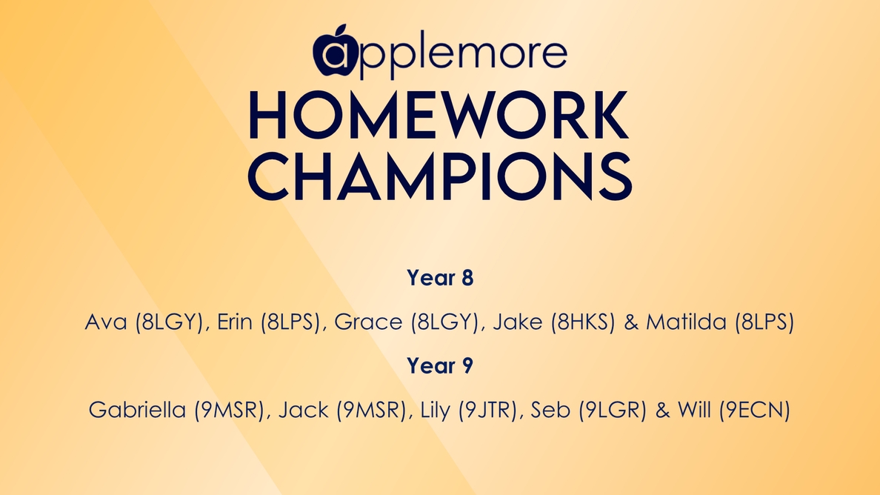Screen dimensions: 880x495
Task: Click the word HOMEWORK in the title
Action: pos(439,116)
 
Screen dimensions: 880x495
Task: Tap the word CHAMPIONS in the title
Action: pos(440,176)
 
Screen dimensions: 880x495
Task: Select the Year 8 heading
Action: pos(440,278)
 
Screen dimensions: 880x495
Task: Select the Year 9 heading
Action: pos(440,366)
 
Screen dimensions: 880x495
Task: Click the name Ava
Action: pos(106,322)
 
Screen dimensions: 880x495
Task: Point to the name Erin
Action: pos(235,322)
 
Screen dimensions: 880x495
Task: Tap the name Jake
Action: pos(518,322)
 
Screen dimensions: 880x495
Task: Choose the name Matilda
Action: pos(687,322)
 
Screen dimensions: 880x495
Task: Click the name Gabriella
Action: pos(137,410)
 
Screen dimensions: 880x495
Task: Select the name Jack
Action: pos(304,410)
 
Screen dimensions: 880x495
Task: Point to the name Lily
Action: pos(435,411)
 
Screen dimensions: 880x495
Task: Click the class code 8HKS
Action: pos(583,322)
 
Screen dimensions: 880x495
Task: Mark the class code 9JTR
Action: pos(487,411)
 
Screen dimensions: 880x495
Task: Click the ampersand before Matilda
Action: pos(631,322)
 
